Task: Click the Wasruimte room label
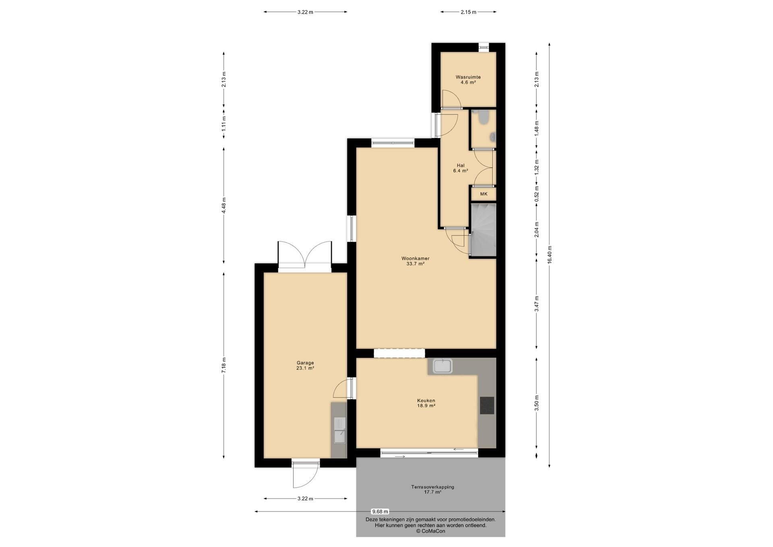click(x=468, y=80)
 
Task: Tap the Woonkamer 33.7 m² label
click(x=415, y=261)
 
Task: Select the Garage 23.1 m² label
click(x=305, y=365)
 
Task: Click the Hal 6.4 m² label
click(x=461, y=168)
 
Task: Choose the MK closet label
click(x=484, y=194)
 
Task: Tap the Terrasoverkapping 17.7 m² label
click(x=432, y=489)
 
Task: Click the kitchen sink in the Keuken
click(x=443, y=366)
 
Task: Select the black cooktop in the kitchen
click(x=487, y=406)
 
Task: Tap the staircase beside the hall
click(x=483, y=230)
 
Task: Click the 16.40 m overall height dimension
click(x=550, y=255)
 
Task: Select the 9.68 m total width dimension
click(x=380, y=512)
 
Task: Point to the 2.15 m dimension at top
click(x=468, y=12)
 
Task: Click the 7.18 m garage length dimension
click(x=224, y=365)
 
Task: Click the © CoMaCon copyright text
click(x=431, y=531)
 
